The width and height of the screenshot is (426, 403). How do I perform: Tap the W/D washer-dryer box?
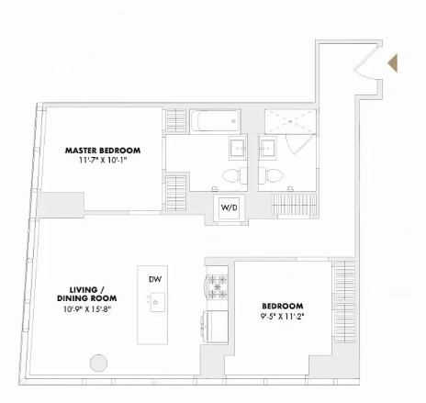pyautogui.click(x=228, y=207)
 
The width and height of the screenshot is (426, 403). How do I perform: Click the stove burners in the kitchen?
pyautogui.click(x=218, y=286)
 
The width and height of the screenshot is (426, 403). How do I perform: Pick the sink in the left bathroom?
pyautogui.click(x=237, y=148)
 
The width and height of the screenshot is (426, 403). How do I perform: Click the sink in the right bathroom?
pyautogui.click(x=268, y=148)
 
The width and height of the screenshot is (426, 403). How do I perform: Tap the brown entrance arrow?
pyautogui.click(x=393, y=63)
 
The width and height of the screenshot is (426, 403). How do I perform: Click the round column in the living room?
pyautogui.click(x=98, y=363)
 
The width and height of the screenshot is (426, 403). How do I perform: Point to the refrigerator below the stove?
pyautogui.click(x=218, y=324)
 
